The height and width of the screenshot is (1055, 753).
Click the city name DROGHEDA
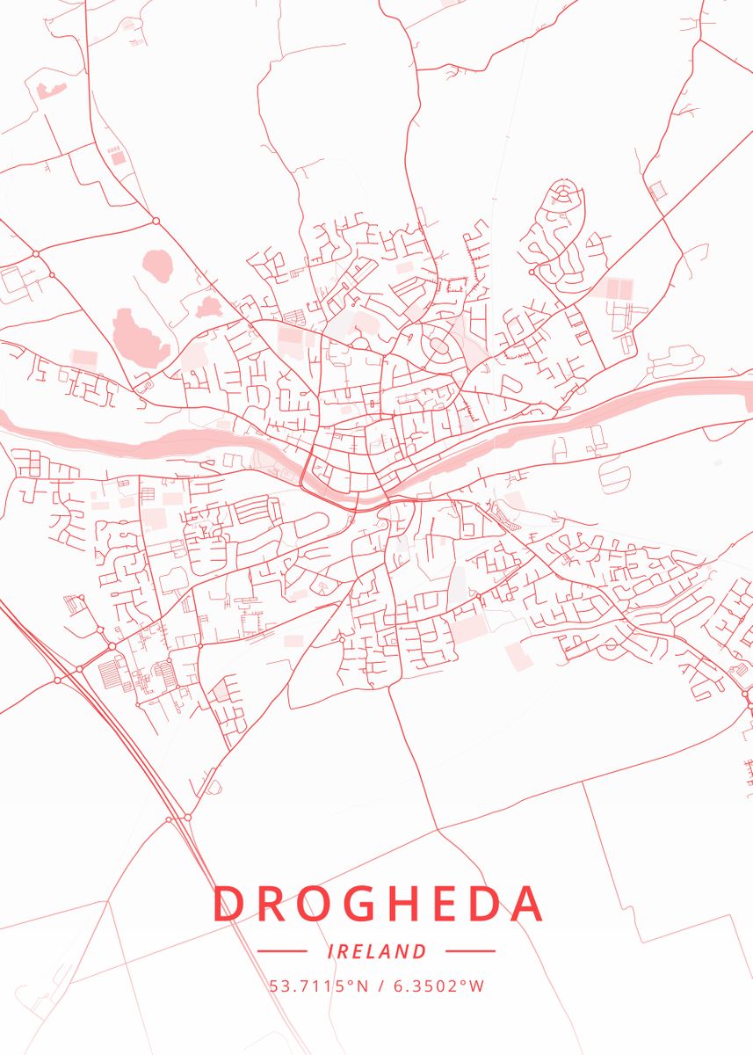(377, 904)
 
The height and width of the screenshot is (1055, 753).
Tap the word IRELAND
(377, 951)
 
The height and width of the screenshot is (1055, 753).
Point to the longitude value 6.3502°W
(437, 986)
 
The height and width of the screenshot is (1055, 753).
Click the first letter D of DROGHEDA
(227, 904)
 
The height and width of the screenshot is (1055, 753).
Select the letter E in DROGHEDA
(438, 904)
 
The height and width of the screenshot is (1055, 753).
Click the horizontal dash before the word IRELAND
(282, 951)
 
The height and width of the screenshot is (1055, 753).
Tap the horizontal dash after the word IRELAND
(471, 951)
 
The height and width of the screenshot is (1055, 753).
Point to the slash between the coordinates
(381, 986)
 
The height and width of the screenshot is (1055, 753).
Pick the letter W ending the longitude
(477, 986)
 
